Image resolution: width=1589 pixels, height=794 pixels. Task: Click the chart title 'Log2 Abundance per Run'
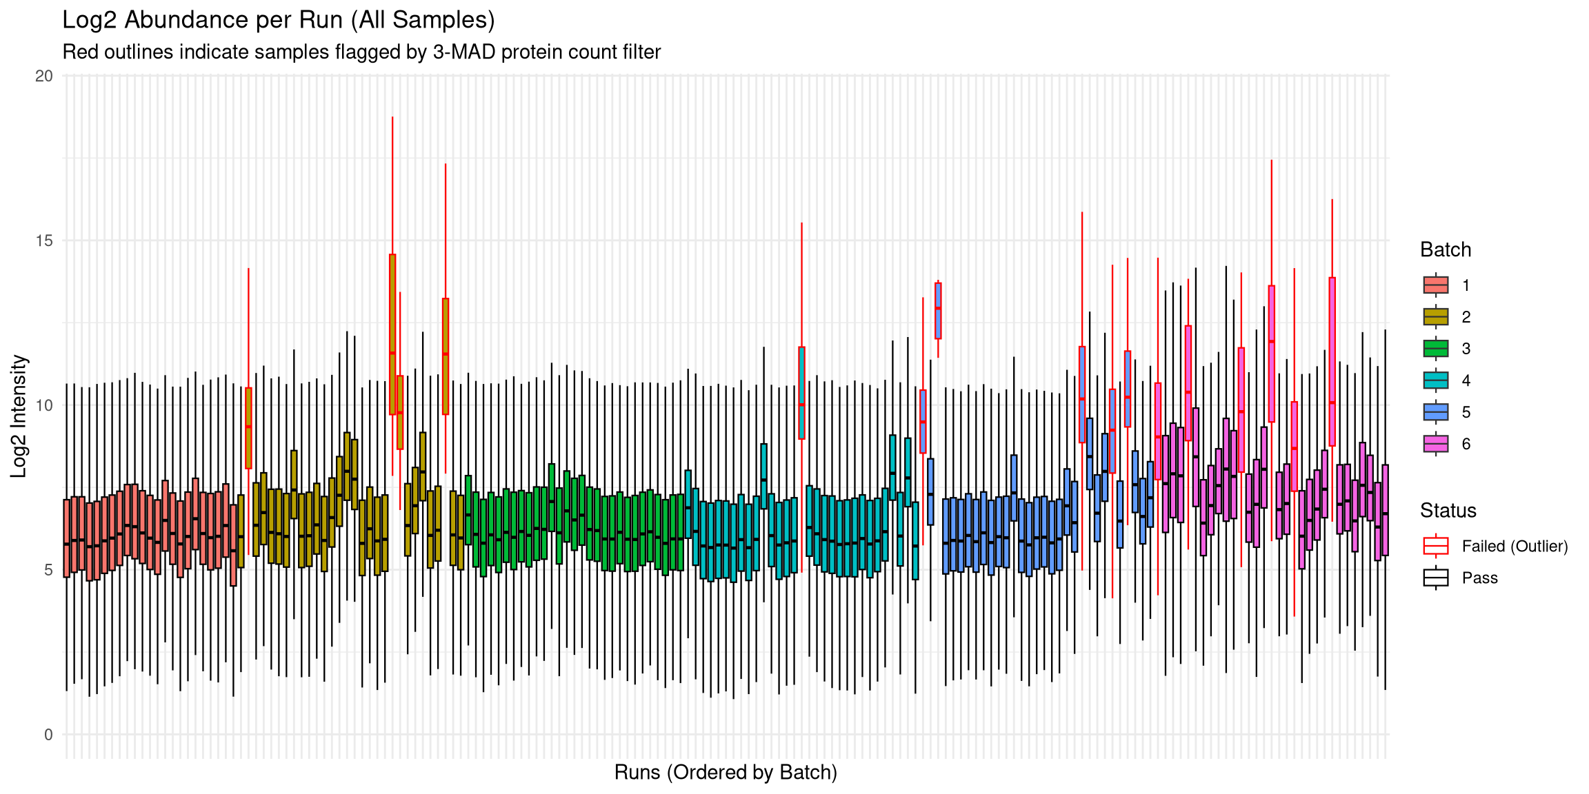coord(278,20)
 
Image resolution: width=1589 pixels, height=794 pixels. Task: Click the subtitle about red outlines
coord(361,52)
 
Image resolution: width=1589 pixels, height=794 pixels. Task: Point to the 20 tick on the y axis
coord(44,76)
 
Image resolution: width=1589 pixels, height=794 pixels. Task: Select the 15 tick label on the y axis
coord(44,241)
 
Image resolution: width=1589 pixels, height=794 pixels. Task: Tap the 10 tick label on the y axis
coord(44,405)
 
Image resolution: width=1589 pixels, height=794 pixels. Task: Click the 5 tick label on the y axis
coord(48,570)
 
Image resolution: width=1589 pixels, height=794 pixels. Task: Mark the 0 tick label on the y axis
coord(48,735)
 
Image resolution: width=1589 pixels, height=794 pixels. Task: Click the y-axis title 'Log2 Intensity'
coord(19,416)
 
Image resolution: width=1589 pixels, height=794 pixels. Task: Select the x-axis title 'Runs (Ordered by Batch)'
coord(726,773)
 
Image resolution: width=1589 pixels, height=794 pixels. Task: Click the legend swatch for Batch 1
coord(1436,285)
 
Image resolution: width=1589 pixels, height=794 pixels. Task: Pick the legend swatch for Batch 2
coord(1436,317)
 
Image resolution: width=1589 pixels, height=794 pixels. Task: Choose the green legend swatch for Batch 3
coord(1436,349)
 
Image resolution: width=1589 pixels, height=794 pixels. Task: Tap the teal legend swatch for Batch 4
coord(1436,380)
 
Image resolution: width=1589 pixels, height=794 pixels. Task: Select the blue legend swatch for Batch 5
coord(1436,412)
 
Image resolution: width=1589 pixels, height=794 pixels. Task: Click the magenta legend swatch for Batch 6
coord(1436,444)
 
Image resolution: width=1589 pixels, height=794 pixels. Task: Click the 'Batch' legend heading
coord(1446,250)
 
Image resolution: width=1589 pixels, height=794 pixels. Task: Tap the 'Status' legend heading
coord(1448,511)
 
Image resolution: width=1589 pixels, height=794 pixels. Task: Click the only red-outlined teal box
coord(801,393)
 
